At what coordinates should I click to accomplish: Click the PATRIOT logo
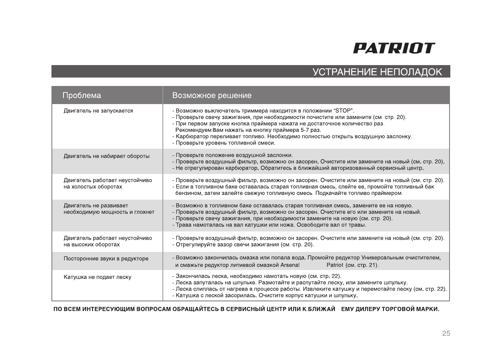pos(394,49)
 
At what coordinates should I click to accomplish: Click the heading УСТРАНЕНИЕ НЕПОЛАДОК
pos(377,72)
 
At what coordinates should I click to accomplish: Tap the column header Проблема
pos(82,96)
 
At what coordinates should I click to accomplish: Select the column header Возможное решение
pos(211,96)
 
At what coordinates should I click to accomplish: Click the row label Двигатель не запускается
pos(98,110)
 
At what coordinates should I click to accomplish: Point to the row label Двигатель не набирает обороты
pos(107,156)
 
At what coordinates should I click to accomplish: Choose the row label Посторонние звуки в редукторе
pos(106,258)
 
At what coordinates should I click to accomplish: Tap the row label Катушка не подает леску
pos(97,277)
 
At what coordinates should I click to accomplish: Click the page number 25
pos(446,333)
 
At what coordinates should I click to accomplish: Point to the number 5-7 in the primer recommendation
pos(300,130)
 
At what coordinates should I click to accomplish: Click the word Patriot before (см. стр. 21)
pos(335,265)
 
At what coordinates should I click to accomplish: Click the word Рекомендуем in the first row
pos(191,130)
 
